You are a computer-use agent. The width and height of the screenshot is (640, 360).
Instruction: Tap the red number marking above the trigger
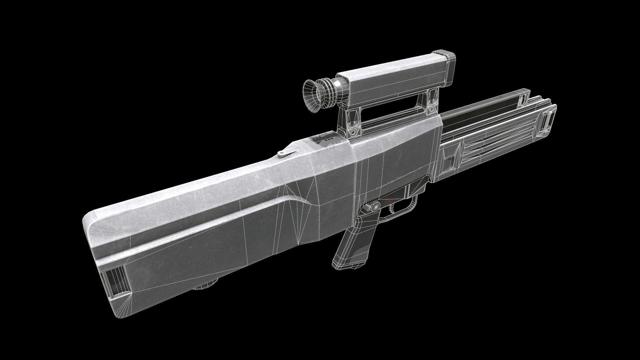(389, 202)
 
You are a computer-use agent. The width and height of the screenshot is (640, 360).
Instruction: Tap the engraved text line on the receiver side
(397, 180)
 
